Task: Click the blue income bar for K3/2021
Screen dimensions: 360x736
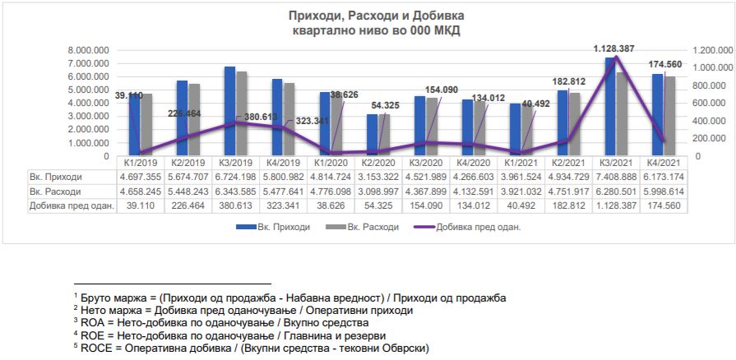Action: point(610,107)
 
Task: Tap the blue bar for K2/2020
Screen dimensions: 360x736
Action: point(373,135)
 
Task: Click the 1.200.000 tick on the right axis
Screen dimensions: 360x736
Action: point(712,50)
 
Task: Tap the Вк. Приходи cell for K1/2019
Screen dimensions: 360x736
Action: point(139,176)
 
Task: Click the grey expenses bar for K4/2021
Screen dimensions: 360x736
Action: point(670,116)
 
